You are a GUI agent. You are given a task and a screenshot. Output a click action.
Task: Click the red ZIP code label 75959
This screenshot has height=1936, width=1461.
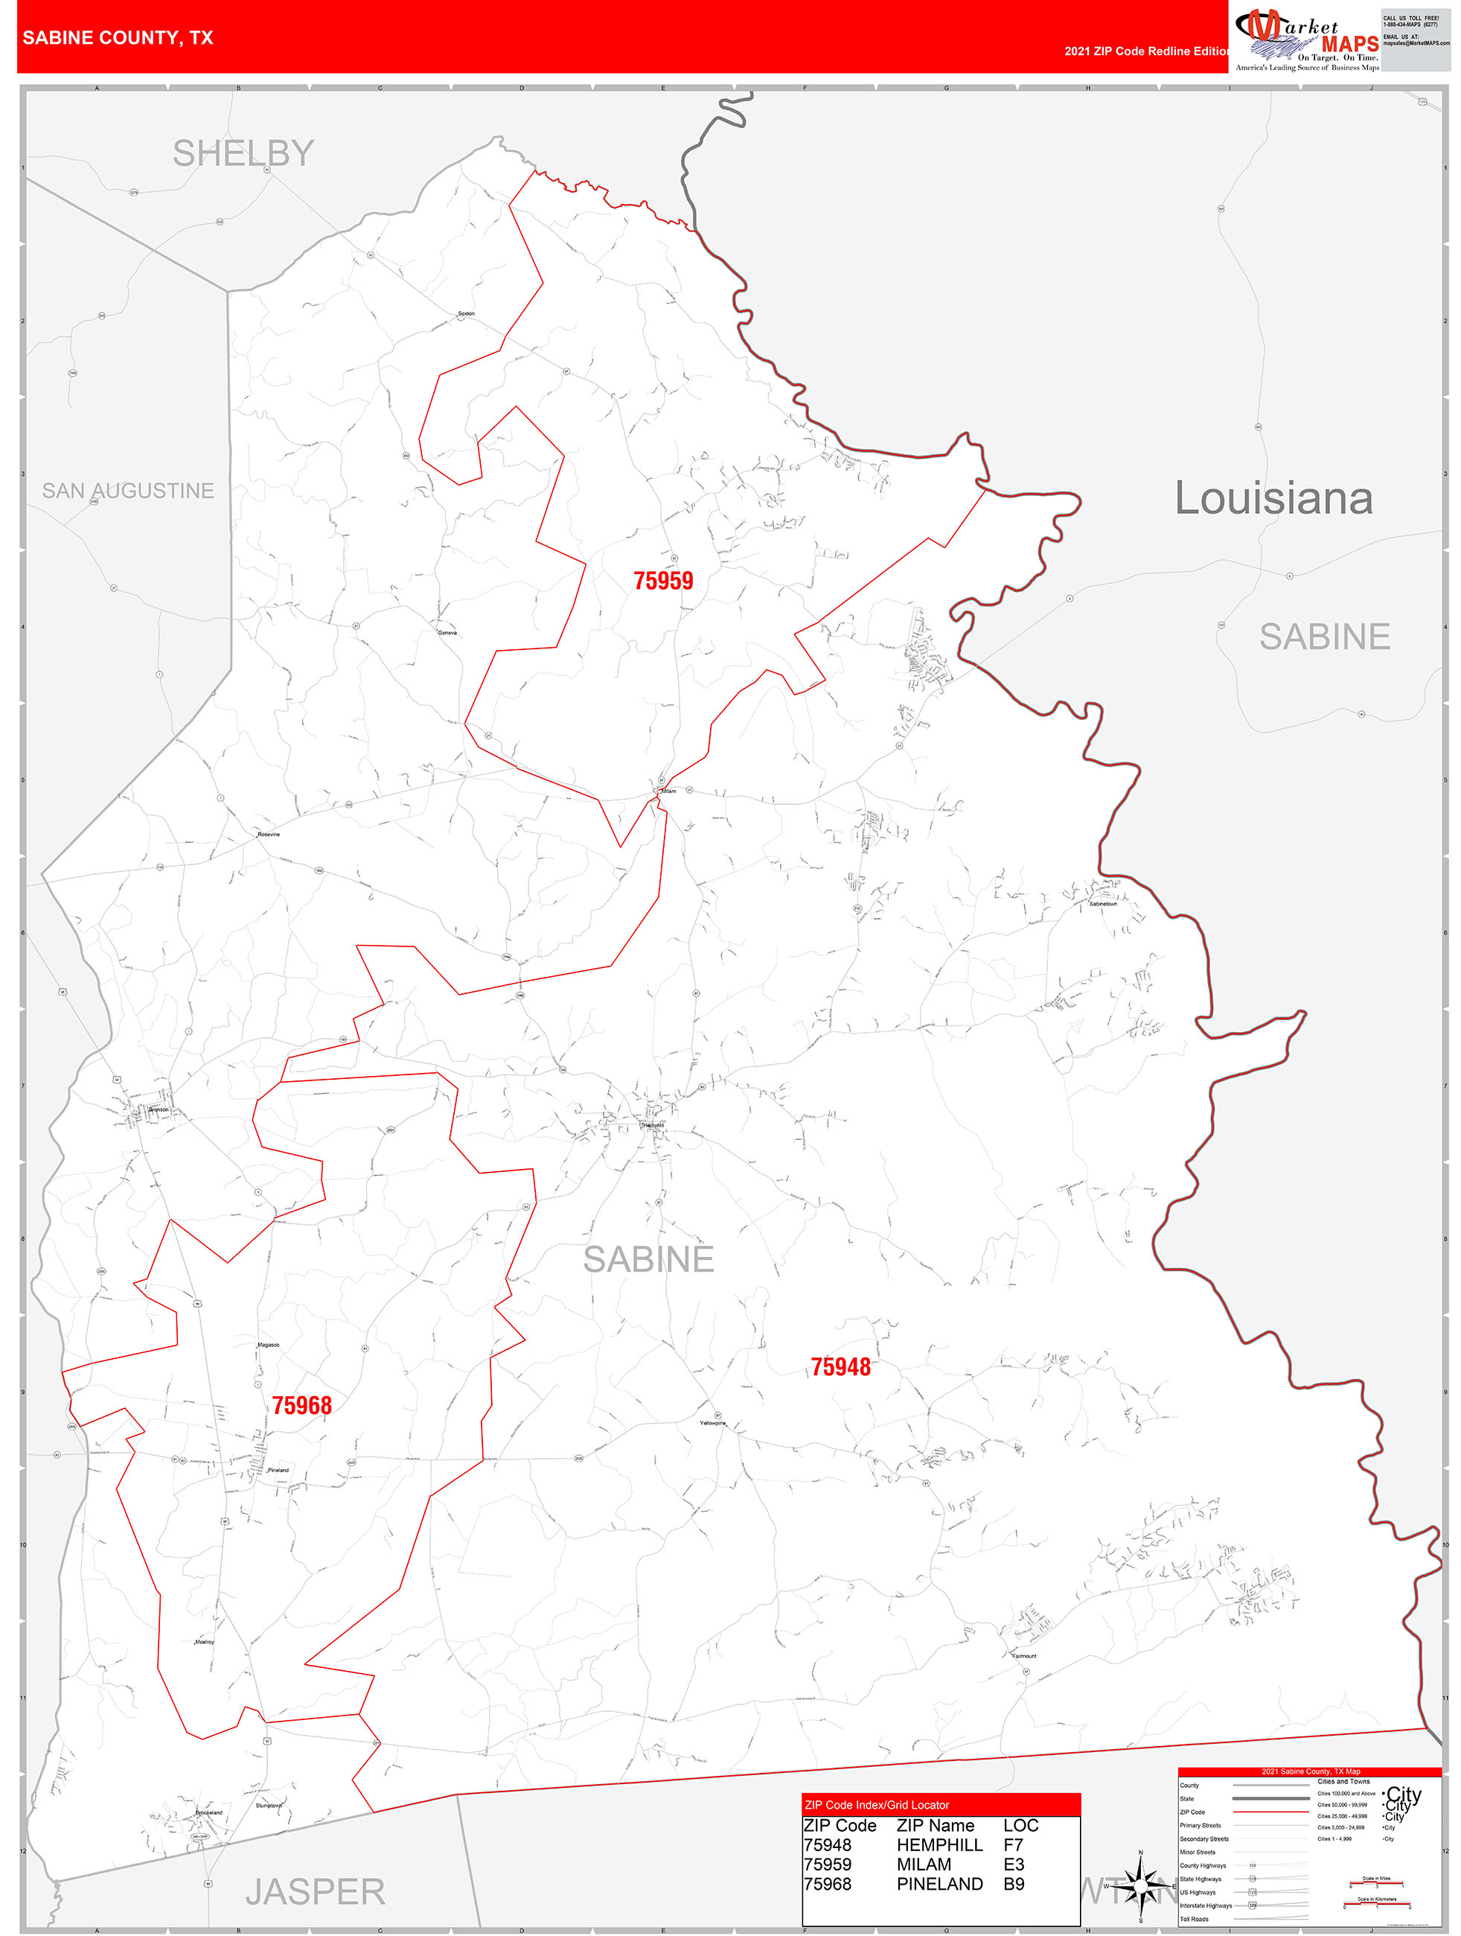[662, 580]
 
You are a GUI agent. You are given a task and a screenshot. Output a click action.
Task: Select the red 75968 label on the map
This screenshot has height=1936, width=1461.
[302, 1405]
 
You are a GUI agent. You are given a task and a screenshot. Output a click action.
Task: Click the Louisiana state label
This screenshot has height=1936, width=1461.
[1273, 498]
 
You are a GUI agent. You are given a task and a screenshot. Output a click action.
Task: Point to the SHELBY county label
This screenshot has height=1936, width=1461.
[243, 153]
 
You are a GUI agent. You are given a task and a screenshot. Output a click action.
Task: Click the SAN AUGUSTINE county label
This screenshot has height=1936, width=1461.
[128, 490]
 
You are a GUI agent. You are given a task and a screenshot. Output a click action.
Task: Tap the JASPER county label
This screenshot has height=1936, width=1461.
[315, 1891]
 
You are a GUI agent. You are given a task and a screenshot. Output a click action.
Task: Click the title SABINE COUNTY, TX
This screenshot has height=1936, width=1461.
[118, 38]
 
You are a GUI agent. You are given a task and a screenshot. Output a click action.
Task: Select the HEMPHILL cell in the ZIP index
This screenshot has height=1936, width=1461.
[939, 1844]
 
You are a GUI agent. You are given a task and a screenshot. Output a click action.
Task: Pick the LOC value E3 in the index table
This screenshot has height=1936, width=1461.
[1013, 1865]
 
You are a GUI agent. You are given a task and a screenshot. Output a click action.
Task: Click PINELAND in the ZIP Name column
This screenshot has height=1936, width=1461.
[939, 1883]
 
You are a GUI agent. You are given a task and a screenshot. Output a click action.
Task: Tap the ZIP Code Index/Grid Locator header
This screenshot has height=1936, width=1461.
[877, 1805]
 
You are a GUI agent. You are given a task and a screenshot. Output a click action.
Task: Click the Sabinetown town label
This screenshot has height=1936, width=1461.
[1102, 903]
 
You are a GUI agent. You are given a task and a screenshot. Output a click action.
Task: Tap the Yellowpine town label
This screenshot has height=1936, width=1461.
[712, 1423]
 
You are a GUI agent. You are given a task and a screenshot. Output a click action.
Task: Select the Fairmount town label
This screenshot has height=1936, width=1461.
[1023, 1656]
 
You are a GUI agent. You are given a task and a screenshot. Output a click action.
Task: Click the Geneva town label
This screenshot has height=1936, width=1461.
[447, 632]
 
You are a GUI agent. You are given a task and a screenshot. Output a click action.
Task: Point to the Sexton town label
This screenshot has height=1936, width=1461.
[467, 313]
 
